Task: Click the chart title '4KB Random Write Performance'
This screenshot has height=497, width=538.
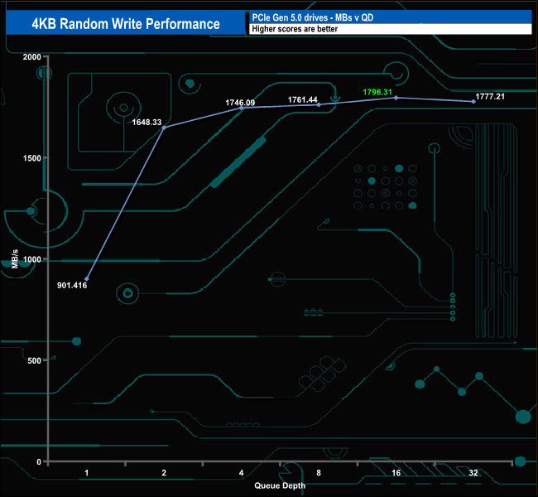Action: [x=126, y=23]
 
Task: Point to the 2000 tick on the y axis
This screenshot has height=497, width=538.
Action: [x=31, y=57]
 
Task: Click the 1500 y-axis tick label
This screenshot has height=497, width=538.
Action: [x=31, y=158]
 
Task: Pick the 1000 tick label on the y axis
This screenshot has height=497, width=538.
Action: [x=31, y=259]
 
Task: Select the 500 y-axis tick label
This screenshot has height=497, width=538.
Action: [x=34, y=360]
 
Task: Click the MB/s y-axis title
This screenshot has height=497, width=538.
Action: [x=17, y=260]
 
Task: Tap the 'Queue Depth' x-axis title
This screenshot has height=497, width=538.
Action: [x=280, y=485]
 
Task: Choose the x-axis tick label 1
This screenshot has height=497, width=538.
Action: [x=86, y=473]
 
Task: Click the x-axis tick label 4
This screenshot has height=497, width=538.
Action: [x=241, y=473]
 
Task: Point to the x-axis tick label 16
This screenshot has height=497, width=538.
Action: [x=396, y=473]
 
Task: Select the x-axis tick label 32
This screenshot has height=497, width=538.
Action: [x=473, y=473]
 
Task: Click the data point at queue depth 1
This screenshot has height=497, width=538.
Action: [x=86, y=279]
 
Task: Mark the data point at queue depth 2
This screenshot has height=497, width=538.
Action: [x=164, y=128]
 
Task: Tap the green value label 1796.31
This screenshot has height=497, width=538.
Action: [x=381, y=92]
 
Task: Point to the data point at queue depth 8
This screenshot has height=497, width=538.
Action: [x=319, y=105]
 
